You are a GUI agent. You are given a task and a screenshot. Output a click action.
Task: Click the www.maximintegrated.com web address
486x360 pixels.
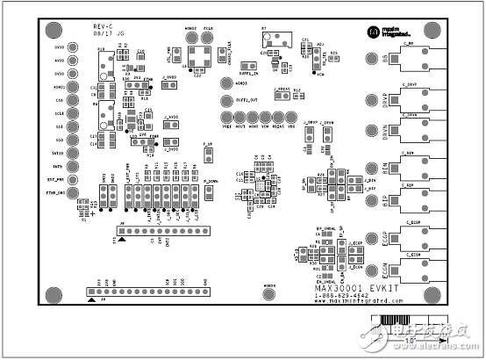(x=361, y=302)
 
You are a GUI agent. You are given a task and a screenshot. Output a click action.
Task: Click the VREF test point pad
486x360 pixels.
(x=227, y=117)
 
